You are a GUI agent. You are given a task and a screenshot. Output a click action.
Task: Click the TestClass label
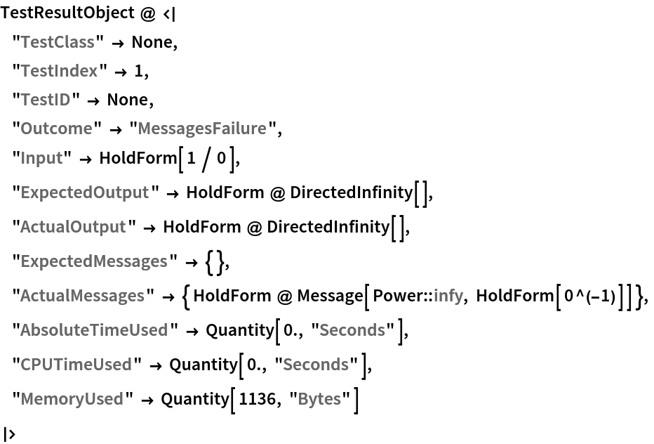click(x=58, y=42)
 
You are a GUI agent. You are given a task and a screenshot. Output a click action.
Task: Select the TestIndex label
click(x=59, y=71)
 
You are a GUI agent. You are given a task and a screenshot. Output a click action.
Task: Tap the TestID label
click(x=46, y=100)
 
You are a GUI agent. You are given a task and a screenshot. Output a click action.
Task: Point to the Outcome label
click(x=56, y=129)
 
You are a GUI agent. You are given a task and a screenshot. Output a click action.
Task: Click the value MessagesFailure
click(x=202, y=129)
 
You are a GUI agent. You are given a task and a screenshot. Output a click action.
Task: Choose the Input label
click(x=41, y=158)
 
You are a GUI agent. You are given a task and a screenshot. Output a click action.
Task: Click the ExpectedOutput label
click(x=84, y=192)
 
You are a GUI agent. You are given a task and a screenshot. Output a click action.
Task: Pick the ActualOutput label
click(x=73, y=227)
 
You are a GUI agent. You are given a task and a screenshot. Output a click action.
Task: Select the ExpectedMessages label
click(x=94, y=261)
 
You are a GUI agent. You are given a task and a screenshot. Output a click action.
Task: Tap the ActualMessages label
click(x=82, y=296)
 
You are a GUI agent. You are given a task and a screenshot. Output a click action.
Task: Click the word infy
click(x=448, y=296)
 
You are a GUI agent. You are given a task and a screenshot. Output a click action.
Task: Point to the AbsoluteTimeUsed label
click(x=94, y=330)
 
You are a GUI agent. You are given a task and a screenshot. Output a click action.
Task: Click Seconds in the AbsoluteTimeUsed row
click(x=352, y=330)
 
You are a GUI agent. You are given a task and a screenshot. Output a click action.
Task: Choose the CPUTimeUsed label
click(x=76, y=365)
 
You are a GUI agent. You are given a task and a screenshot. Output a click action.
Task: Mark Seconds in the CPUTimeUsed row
click(x=316, y=365)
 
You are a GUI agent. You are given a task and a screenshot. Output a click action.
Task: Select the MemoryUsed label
click(x=72, y=399)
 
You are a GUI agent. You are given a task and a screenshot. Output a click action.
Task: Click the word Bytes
click(x=319, y=399)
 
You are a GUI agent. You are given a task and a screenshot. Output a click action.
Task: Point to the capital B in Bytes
click(x=302, y=399)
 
